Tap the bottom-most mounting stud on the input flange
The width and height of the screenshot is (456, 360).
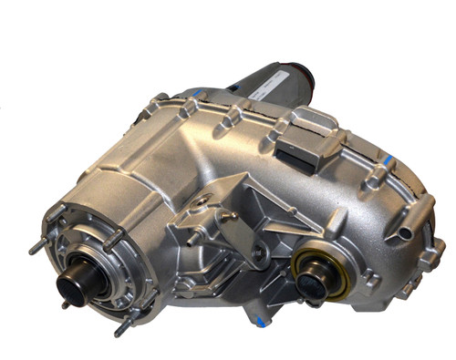pyautogui.click(x=119, y=330)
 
